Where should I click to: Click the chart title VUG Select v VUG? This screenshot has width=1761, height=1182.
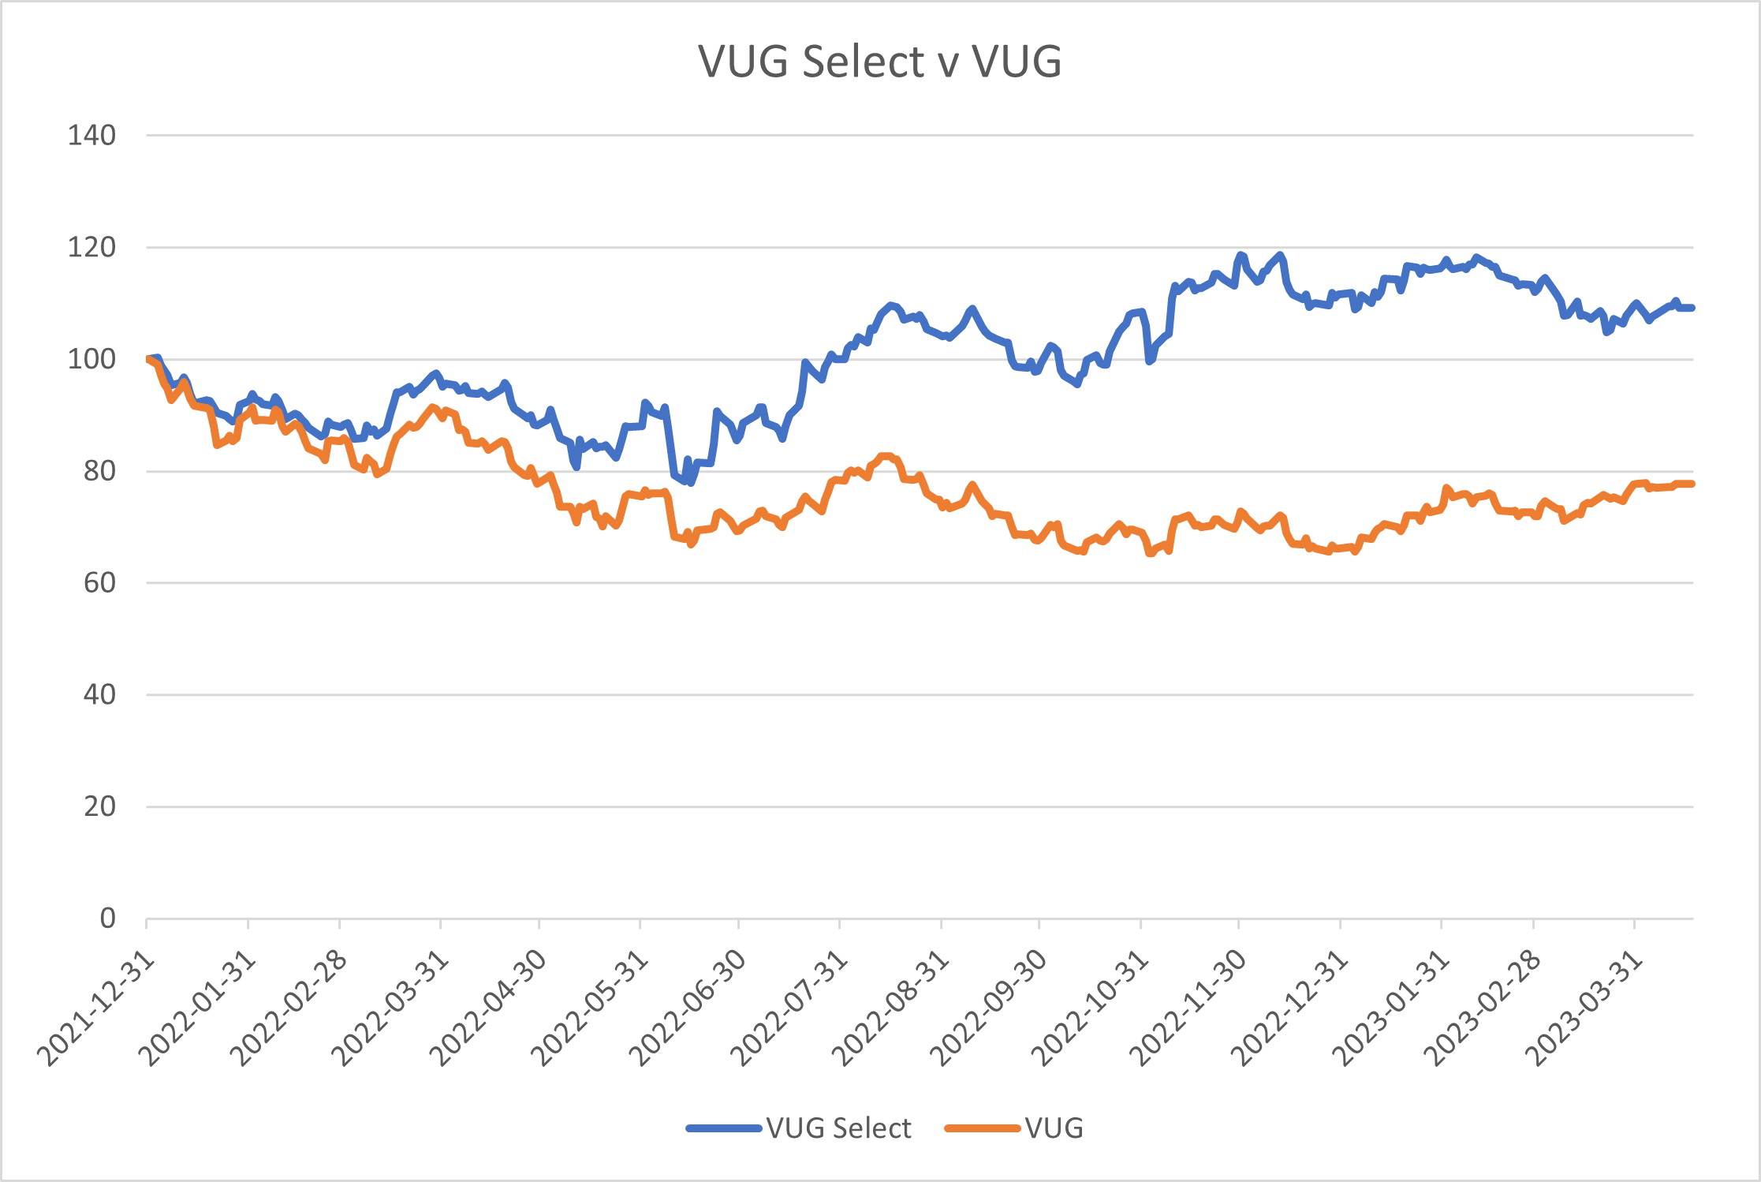click(879, 61)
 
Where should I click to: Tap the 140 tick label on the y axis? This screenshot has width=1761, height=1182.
click(91, 136)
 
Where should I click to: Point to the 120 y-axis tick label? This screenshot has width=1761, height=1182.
click(91, 248)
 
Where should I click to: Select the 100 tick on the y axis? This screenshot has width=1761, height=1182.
click(91, 360)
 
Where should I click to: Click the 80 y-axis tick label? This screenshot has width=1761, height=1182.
click(99, 471)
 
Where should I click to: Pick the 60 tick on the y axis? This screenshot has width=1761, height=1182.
click(99, 583)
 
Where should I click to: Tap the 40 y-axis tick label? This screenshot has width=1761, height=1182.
click(99, 695)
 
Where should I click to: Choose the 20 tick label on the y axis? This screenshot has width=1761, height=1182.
click(99, 806)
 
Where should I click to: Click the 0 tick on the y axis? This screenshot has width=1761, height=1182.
click(107, 918)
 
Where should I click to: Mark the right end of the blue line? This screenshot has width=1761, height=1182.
click(1692, 308)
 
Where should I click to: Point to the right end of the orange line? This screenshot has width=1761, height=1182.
click(1692, 484)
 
